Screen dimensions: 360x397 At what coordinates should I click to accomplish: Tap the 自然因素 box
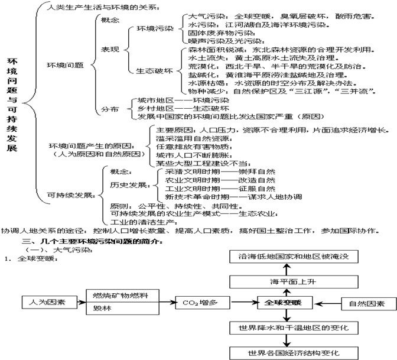pyautogui.click(x=366, y=304)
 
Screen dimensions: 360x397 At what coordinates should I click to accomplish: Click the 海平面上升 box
pyautogui.click(x=285, y=281)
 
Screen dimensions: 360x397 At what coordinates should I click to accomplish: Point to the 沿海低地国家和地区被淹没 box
pyautogui.click(x=285, y=257)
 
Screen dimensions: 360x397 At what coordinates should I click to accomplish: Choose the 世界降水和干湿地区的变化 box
pyautogui.click(x=285, y=327)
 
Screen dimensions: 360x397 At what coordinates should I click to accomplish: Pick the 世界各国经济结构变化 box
pyautogui.click(x=285, y=353)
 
